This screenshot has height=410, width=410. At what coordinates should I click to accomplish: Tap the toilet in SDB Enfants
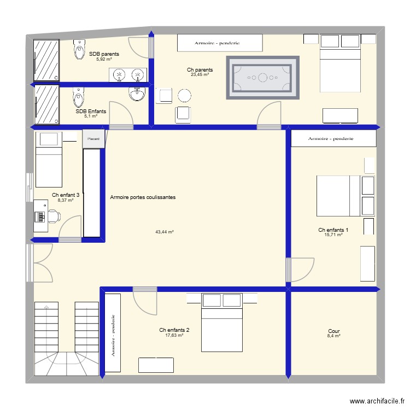(79, 97)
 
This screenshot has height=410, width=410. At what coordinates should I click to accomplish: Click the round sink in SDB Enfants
(137, 94)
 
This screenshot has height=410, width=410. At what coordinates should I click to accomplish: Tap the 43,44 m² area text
(164, 232)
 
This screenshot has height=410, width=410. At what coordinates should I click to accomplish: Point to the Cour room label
(333, 331)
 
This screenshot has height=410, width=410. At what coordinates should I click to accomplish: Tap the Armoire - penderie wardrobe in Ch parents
(220, 43)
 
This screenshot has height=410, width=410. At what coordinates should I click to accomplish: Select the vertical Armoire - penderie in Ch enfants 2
(113, 333)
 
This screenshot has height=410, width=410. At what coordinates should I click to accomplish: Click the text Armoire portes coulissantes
(143, 197)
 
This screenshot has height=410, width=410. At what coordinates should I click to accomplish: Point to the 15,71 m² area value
(333, 235)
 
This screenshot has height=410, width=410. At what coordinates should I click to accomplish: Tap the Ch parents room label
(200, 70)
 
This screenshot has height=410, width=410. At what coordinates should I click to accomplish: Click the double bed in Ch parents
(339, 62)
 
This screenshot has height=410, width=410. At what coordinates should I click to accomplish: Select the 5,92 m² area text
(104, 59)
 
